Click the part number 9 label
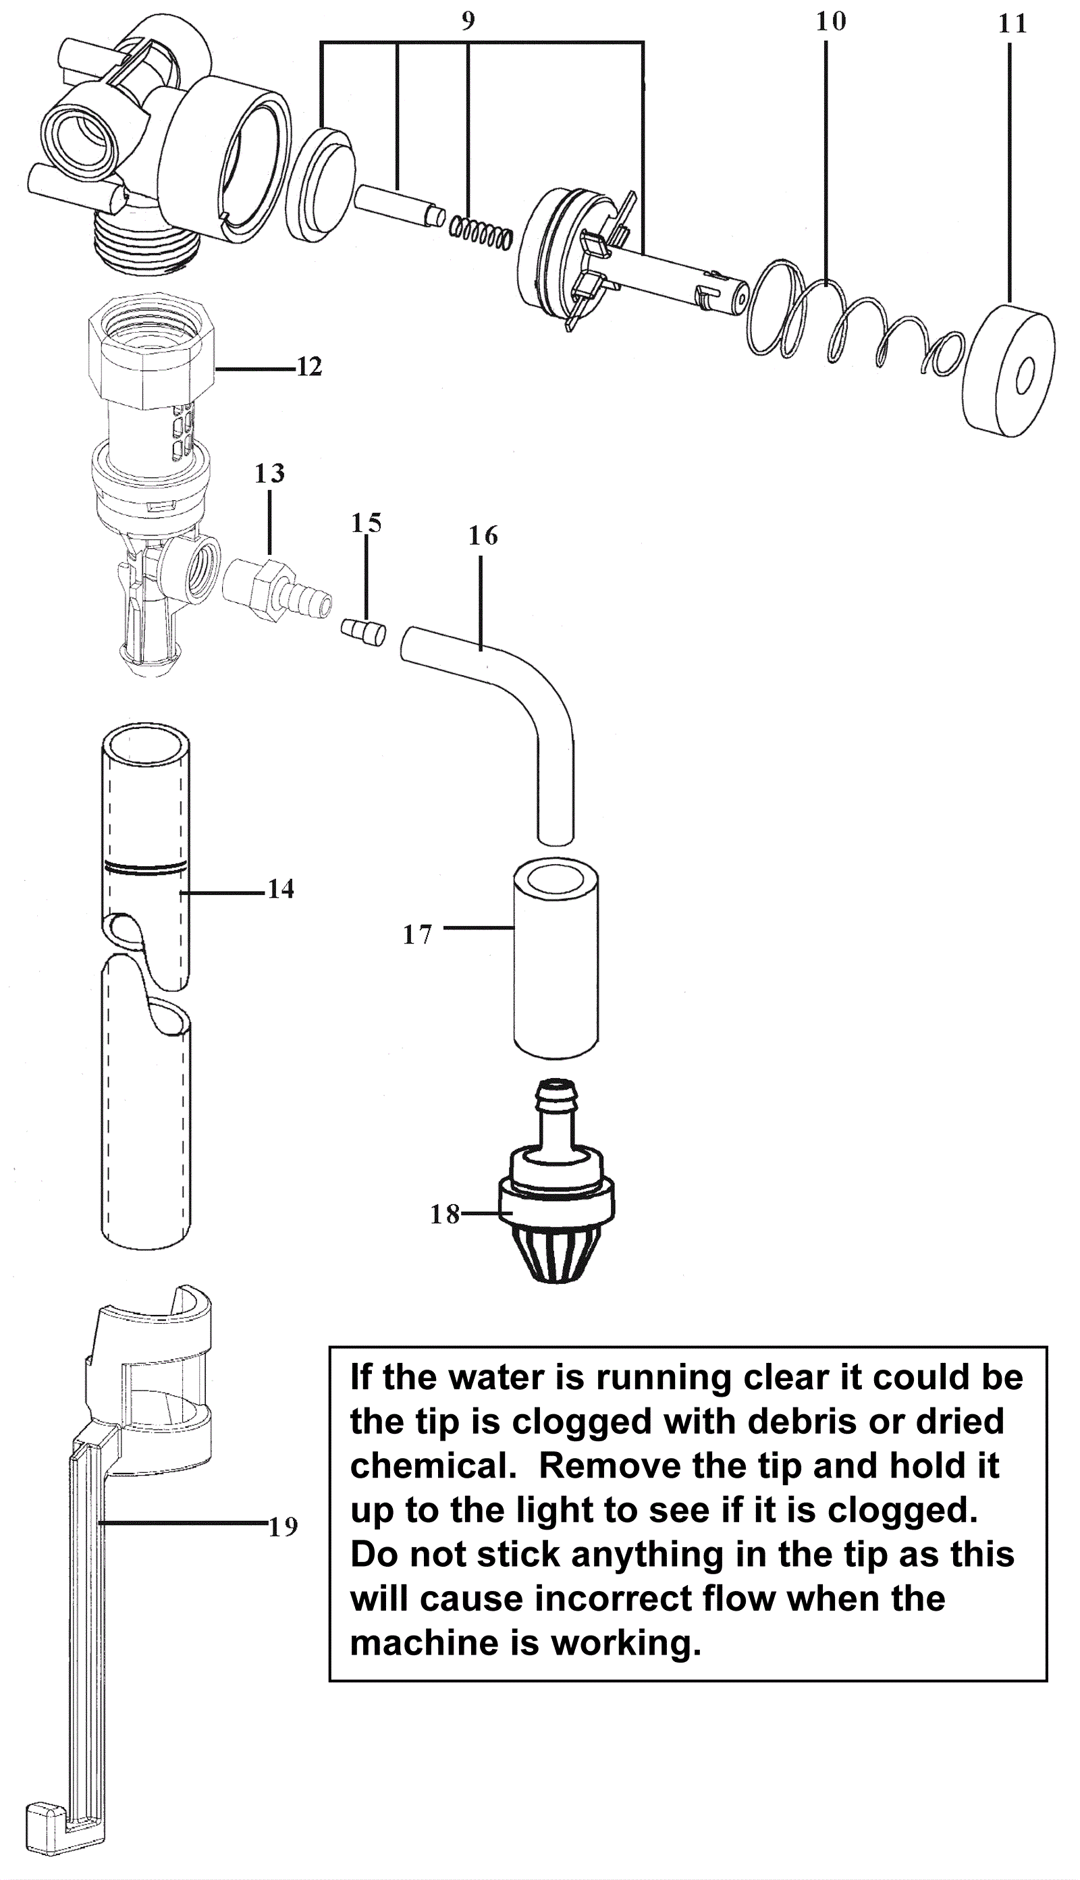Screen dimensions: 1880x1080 tap(467, 21)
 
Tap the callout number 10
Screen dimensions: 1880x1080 tap(830, 22)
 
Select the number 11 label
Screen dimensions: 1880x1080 tap(1012, 24)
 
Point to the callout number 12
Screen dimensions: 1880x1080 tap(309, 367)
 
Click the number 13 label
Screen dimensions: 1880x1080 tap(269, 473)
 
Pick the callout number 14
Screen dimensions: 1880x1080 tap(280, 888)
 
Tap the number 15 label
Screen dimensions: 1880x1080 tap(366, 523)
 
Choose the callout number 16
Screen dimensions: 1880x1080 tap(483, 535)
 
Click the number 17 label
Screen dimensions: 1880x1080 tap(417, 934)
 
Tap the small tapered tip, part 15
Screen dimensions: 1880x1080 tap(362, 633)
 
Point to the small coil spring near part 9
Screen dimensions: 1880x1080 tap(481, 230)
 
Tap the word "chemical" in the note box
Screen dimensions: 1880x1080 tap(433, 1466)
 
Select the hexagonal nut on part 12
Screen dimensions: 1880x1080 tap(151, 348)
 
